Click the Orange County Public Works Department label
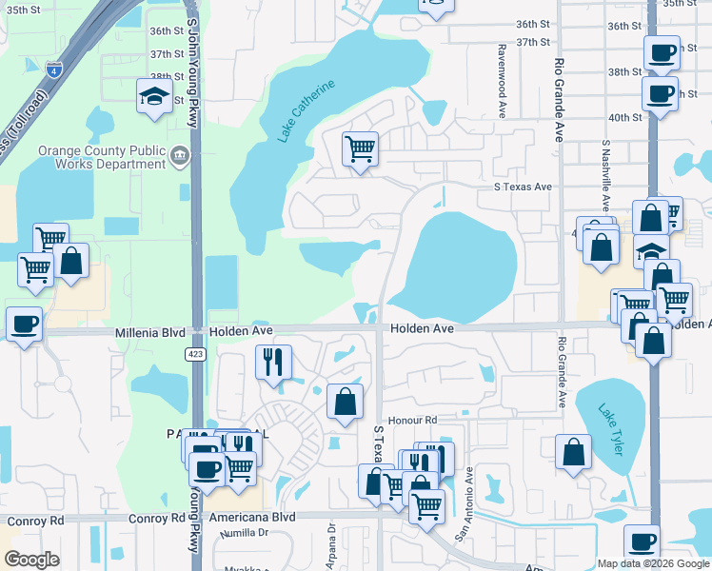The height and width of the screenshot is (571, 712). [x=101, y=157]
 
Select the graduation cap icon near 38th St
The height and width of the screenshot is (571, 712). [x=154, y=95]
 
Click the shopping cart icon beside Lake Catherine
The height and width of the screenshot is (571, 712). [x=361, y=148]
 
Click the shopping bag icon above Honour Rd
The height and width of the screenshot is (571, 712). [x=345, y=402]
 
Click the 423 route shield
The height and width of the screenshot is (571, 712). [x=195, y=354]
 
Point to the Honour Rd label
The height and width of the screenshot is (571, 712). [x=411, y=420]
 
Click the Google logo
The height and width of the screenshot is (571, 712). [x=31, y=560]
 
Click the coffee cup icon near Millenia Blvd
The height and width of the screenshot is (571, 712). [x=24, y=324]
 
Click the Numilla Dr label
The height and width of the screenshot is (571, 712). [x=244, y=534]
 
